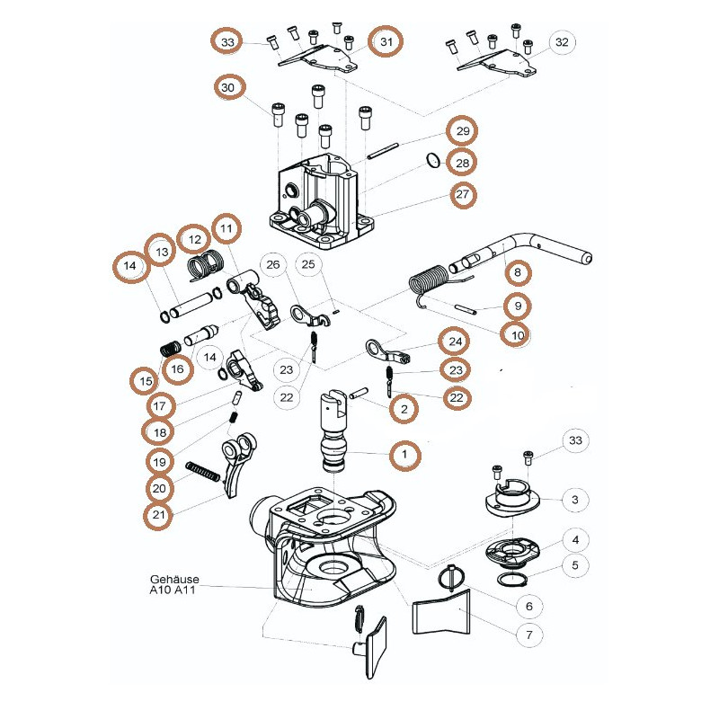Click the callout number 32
(562, 42)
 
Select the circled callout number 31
(386, 41)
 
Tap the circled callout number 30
(228, 87)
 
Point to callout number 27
(462, 194)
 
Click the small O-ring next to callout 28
(433, 161)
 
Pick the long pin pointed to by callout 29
(383, 152)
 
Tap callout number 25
(308, 264)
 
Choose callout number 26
(273, 264)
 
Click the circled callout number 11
(226, 228)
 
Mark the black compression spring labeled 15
(169, 350)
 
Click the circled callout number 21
(158, 515)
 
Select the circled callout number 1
(404, 455)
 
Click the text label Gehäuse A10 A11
(174, 584)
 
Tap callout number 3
(575, 500)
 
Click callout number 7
(529, 635)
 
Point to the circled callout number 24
(455, 342)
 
